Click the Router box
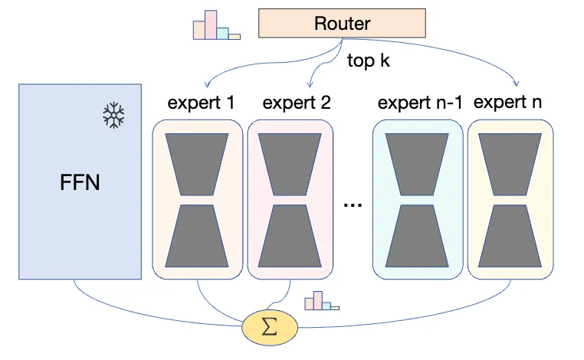tap(342, 23)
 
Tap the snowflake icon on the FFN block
tap(113, 116)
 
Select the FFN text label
tap(80, 184)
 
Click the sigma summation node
tap(269, 327)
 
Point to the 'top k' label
tap(368, 61)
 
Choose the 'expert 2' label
tap(296, 103)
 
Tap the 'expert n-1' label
tap(420, 103)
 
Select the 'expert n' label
tap(510, 102)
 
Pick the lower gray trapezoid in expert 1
tap(198, 236)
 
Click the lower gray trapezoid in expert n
tap(511, 236)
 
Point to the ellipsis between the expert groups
tap(353, 205)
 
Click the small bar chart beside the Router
tap(215, 25)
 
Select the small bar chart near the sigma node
tap(320, 301)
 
